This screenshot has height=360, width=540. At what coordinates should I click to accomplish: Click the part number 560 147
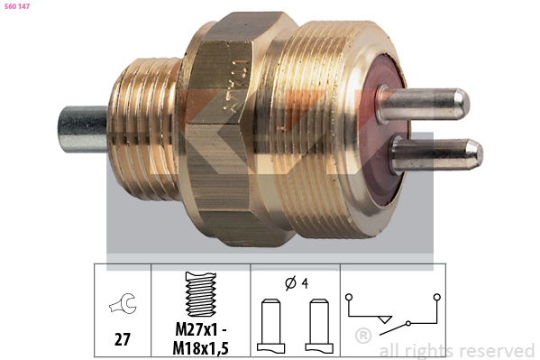click(x=17, y=6)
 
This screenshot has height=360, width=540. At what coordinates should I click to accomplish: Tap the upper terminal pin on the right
click(x=423, y=105)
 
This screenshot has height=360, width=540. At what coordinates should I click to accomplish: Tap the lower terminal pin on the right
click(x=436, y=155)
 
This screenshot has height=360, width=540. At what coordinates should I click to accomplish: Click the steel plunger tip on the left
click(x=83, y=129)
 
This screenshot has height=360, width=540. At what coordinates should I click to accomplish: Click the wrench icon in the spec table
click(x=124, y=303)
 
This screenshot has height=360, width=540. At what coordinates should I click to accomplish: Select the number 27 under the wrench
click(x=123, y=339)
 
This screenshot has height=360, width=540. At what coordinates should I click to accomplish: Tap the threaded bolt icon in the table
click(x=201, y=294)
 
